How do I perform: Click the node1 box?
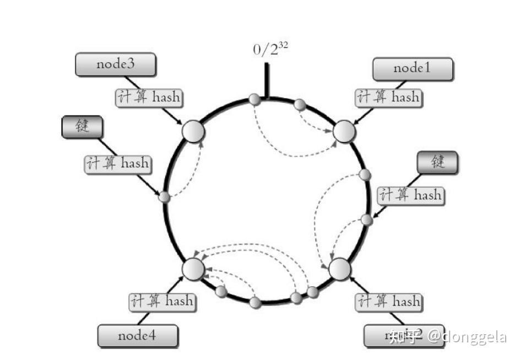tap(413, 69)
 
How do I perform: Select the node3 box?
tap(115, 64)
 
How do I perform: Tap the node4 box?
tap(138, 335)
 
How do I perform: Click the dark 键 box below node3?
tap(82, 127)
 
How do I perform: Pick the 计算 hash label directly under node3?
tap(148, 97)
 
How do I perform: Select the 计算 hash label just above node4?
tap(162, 301)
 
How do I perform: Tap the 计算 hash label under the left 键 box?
tap(117, 163)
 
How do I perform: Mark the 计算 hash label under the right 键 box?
tap(410, 195)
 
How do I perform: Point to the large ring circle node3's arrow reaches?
tap(193, 132)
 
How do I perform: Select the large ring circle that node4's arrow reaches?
tap(193, 268)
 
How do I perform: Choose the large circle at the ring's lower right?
tap(339, 268)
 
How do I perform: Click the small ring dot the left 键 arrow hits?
tap(164, 197)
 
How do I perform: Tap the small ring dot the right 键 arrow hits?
tap(367, 220)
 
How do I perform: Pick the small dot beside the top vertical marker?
tap(254, 99)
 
